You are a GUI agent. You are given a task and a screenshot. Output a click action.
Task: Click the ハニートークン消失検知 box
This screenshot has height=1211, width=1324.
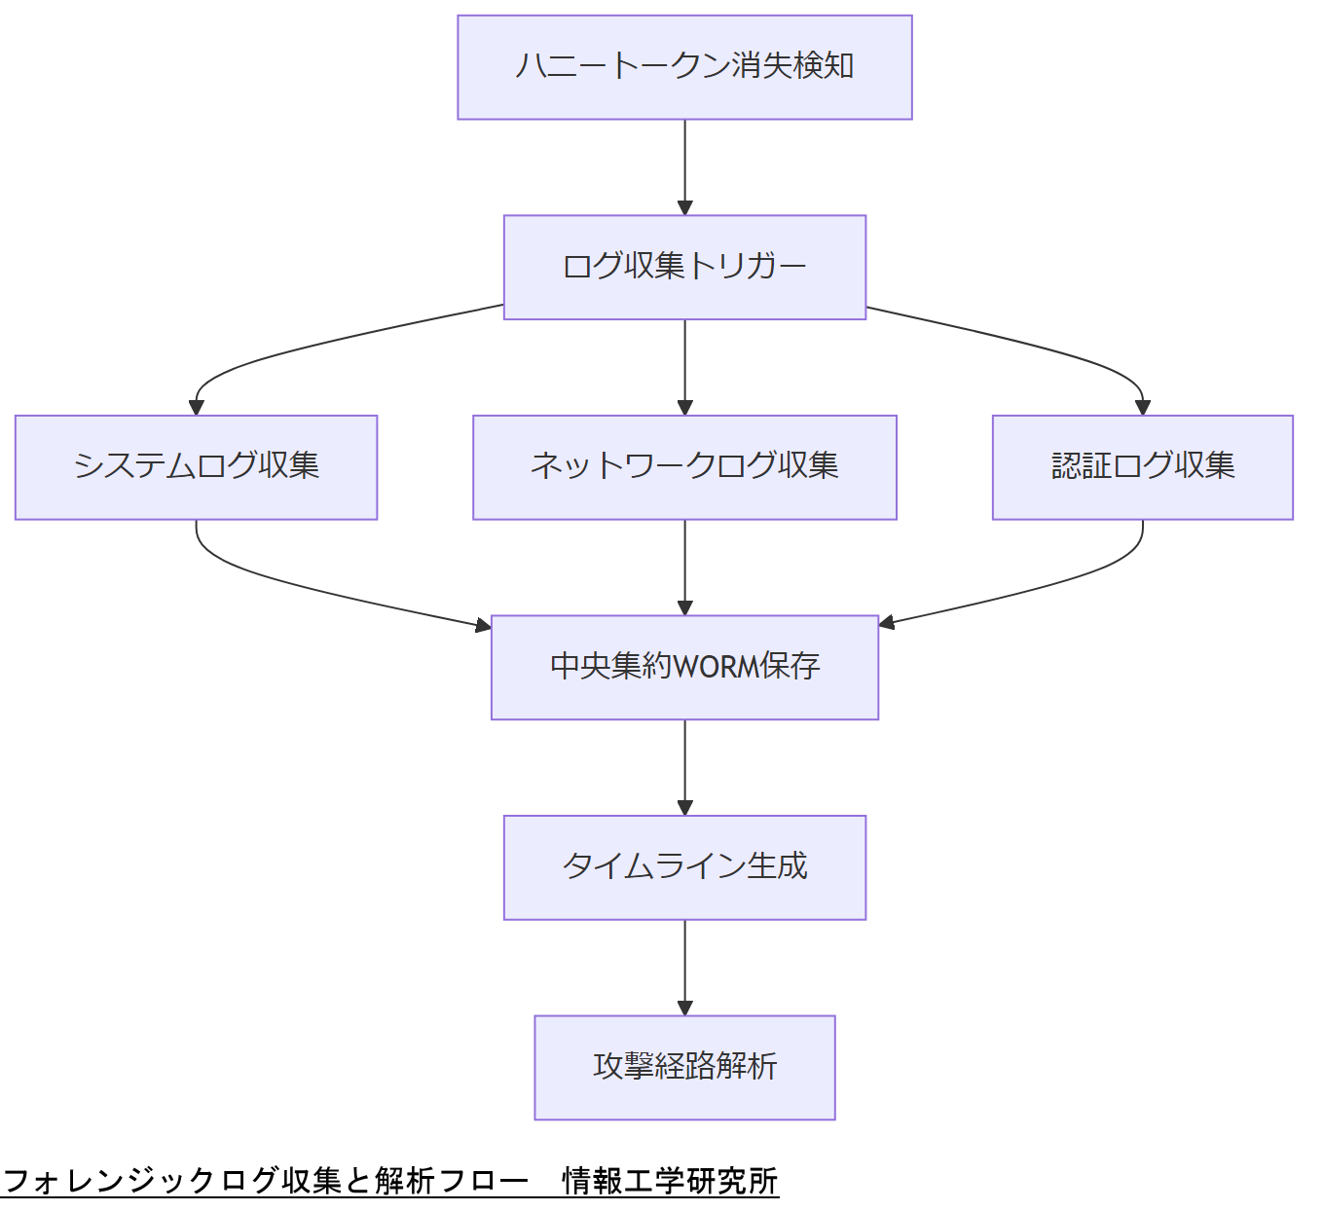point(684,67)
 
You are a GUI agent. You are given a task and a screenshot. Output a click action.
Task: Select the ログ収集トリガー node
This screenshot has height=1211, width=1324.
point(684,267)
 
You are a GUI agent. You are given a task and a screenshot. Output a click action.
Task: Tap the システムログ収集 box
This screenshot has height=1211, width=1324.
point(196,467)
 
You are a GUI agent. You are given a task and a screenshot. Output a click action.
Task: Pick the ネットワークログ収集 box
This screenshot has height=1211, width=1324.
point(684,467)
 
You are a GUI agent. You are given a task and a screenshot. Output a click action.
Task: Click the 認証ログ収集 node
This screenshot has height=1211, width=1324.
point(1142,467)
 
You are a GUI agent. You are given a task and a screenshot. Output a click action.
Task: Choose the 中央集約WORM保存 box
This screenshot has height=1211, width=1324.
point(684,667)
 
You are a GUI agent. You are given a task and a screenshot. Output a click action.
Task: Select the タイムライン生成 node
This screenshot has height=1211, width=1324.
point(684,867)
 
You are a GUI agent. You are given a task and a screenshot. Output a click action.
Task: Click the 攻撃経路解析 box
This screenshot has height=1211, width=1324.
point(684,1067)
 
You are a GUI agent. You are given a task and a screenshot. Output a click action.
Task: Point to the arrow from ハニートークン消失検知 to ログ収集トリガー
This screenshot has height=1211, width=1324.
point(684,166)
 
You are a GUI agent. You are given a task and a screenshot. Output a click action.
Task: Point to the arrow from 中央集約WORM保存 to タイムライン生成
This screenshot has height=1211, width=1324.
point(684,767)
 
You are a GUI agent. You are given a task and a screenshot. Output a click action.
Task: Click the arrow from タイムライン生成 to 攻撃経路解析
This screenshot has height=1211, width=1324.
point(684,967)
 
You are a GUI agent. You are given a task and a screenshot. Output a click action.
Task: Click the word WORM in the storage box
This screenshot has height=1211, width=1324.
point(717,667)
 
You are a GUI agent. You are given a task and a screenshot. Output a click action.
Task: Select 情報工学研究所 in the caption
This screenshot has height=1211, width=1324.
point(670,1181)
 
